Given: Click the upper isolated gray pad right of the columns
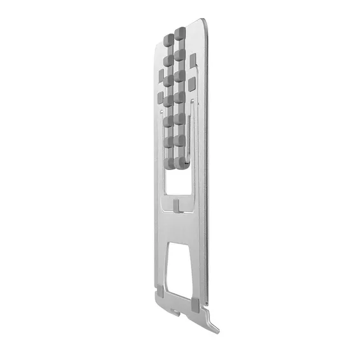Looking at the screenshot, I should [193, 60].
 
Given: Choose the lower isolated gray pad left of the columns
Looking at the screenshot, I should [159, 98].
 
